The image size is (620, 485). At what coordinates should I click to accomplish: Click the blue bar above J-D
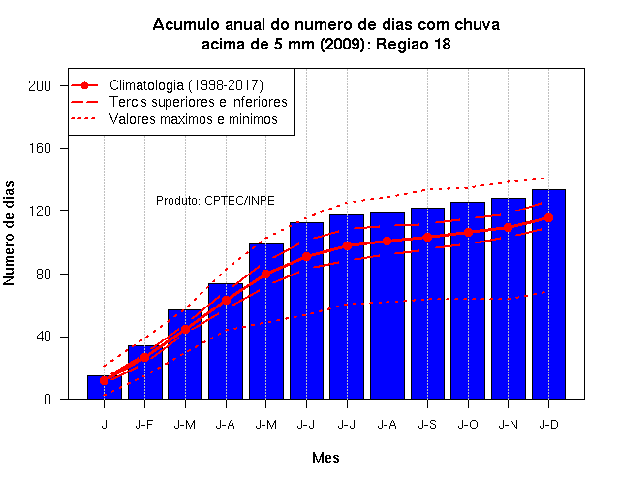point(548,294)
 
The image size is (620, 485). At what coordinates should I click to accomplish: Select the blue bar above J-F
point(144,372)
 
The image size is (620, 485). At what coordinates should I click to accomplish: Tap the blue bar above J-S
point(427,304)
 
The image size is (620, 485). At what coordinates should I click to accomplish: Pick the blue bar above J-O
point(468,301)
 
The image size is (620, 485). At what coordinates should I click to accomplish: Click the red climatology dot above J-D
point(548,217)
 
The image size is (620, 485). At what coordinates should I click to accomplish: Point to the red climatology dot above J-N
point(508,227)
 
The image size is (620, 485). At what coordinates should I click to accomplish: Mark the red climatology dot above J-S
point(427,237)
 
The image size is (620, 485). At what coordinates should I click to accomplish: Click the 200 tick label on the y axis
point(40,86)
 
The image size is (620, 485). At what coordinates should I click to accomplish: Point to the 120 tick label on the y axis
point(40,211)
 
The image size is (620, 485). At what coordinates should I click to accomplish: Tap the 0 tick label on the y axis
point(47,399)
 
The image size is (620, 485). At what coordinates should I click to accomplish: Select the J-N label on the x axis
point(508,425)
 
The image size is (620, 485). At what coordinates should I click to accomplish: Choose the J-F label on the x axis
point(144,425)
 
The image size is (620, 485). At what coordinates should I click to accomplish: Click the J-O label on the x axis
point(468,425)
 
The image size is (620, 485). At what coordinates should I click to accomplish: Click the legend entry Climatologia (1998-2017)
point(186,85)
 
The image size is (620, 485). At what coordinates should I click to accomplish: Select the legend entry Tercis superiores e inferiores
point(198,102)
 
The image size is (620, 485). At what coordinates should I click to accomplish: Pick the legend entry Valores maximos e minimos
point(194,119)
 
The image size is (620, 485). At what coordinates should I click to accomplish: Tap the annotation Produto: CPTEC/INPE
point(215,201)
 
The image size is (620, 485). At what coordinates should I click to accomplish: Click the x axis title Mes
point(325,458)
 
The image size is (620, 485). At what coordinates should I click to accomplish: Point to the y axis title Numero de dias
point(9,233)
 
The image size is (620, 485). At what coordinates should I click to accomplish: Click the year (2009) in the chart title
point(342,44)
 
